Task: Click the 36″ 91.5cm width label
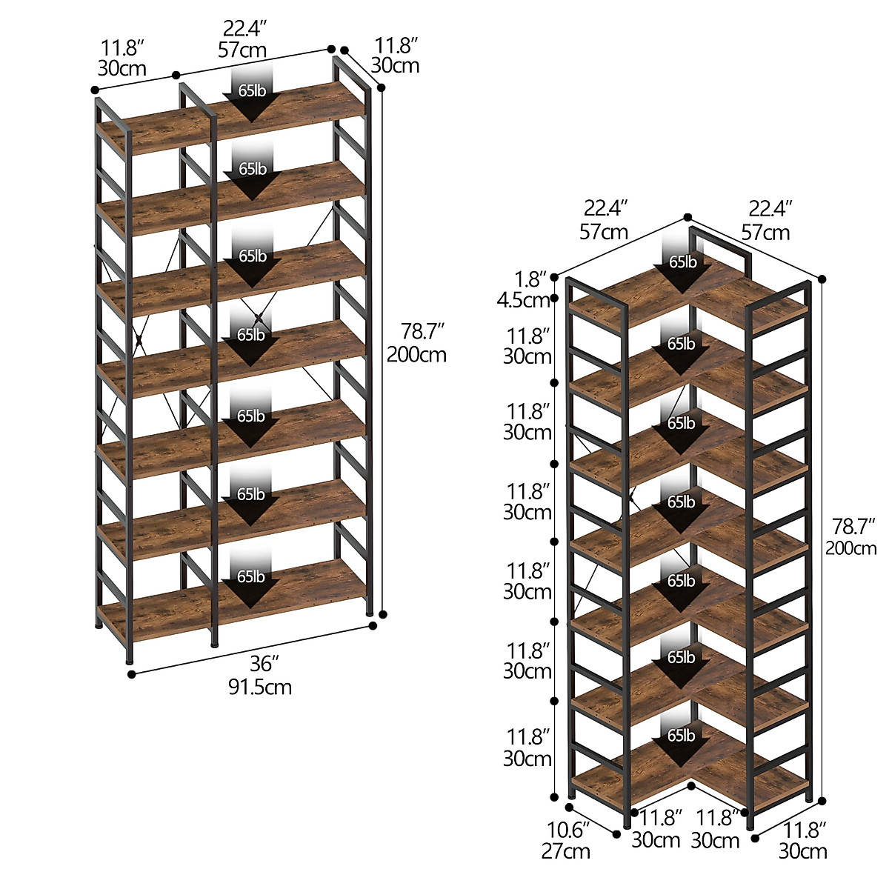[x=259, y=675]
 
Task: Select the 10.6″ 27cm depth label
[x=566, y=839]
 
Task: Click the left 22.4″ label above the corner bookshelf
[x=604, y=220]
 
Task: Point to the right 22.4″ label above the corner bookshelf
[x=766, y=220]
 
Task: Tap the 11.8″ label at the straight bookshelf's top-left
[x=121, y=59]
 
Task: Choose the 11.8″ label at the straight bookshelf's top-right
[x=396, y=56]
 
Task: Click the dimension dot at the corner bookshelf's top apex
[x=687, y=217]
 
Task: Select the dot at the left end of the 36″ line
[x=132, y=674]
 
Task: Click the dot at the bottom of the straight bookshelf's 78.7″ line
[x=383, y=613]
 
